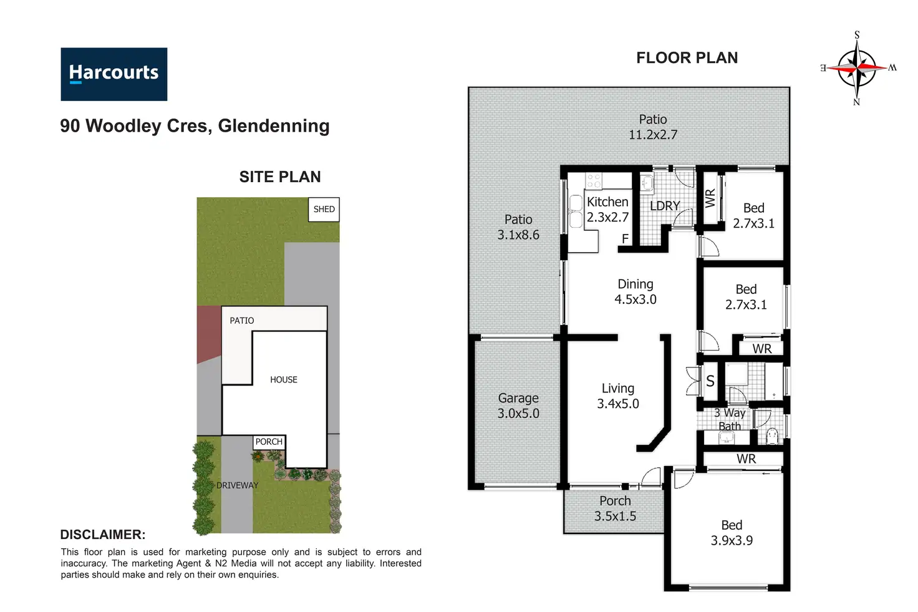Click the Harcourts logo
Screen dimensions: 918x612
tap(114, 74)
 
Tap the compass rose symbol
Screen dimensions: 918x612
tap(857, 69)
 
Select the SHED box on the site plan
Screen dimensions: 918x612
tap(324, 210)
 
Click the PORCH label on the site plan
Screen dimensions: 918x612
tap(269, 442)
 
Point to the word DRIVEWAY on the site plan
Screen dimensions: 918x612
tap(237, 485)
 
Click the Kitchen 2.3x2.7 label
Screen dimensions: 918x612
tap(608, 210)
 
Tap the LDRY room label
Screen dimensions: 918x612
tap(665, 205)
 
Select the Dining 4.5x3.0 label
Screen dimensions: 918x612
tap(635, 291)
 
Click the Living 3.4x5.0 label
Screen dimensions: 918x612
tap(618, 396)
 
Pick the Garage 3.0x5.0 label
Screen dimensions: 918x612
tap(518, 406)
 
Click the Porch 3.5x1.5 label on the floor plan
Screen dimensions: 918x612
tap(615, 508)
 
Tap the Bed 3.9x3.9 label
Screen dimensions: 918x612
tap(732, 533)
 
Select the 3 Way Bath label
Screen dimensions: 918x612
tap(730, 419)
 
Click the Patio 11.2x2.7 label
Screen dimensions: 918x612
tap(653, 127)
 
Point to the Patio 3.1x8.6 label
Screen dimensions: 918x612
tap(518, 227)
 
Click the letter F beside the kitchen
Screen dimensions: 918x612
tap(625, 238)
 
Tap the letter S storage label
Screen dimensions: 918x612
tap(710, 381)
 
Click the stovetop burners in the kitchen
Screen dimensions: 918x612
tap(594, 181)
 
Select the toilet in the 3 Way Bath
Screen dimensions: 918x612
tap(772, 436)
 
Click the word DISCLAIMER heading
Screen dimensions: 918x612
tap(103, 535)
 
